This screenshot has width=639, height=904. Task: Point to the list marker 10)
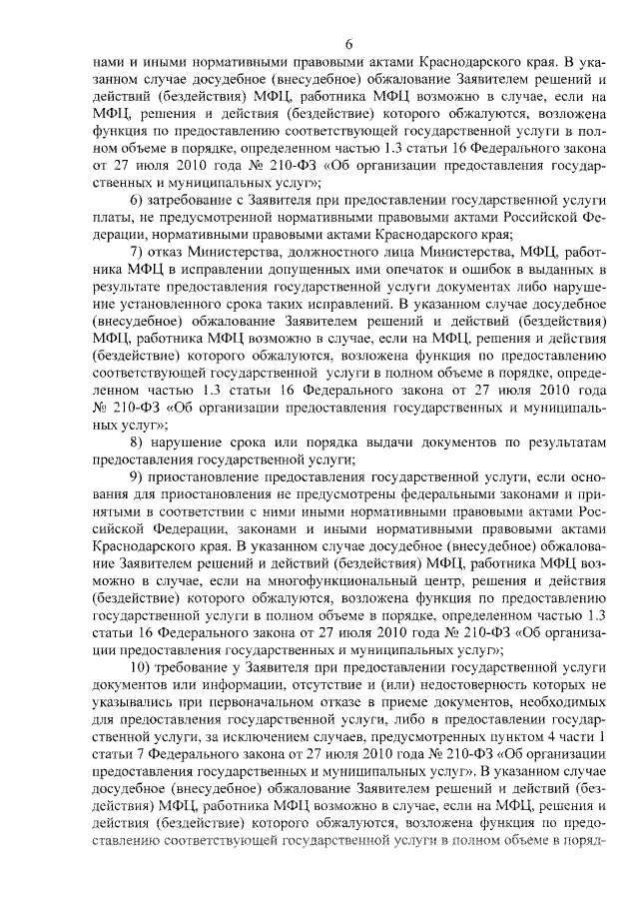click(x=144, y=666)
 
